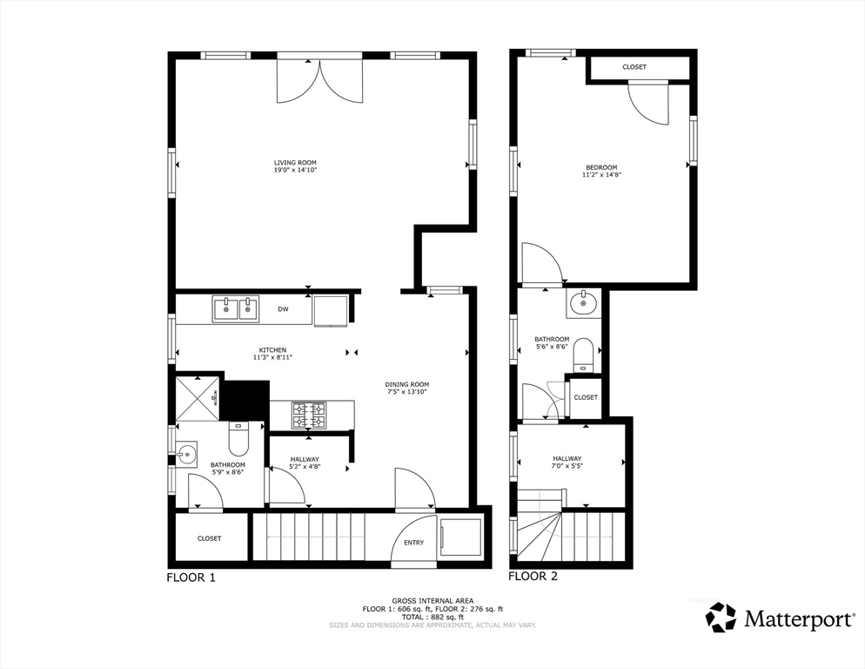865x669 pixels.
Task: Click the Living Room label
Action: pos(295,162)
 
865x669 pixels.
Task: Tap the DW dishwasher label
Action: pos(283,309)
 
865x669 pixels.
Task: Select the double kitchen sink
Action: pos(236,309)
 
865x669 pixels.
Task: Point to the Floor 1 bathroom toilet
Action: pos(238,437)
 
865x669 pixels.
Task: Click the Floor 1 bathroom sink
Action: pos(186,455)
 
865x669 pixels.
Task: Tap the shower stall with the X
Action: pos(198,398)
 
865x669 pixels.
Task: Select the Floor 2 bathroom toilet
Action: pos(583,355)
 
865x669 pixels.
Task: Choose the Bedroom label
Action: pos(601,167)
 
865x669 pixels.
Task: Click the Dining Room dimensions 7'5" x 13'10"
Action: pos(407,392)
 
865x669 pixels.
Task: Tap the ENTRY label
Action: pos(413,543)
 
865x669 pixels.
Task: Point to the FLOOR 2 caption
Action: pos(533,576)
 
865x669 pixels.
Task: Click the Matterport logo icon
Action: pos(721,617)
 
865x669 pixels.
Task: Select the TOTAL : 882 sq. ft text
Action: pos(432,617)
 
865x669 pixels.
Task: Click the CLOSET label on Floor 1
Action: pos(209,538)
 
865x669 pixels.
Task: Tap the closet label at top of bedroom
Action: pos(634,67)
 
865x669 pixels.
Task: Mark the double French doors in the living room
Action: pos(320,79)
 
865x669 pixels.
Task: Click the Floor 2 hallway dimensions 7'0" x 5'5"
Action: pos(567,466)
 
